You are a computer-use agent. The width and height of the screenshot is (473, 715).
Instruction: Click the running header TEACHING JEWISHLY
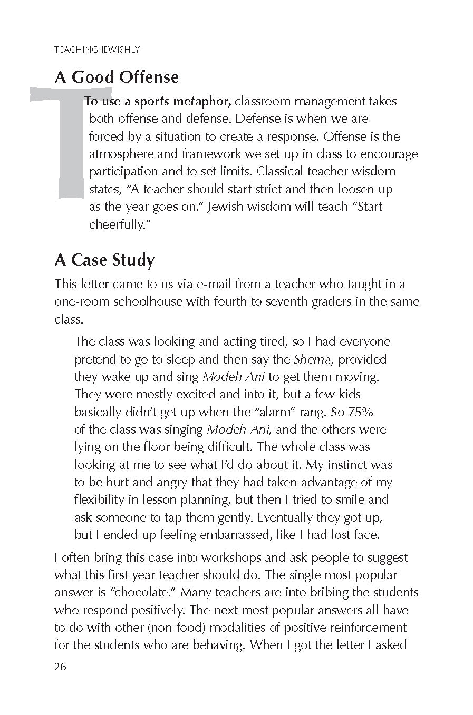(96, 50)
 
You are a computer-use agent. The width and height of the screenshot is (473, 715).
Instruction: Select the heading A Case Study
(104, 260)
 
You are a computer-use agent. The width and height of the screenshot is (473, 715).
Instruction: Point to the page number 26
(60, 667)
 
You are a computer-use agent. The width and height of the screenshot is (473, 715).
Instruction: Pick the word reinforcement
(362, 628)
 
